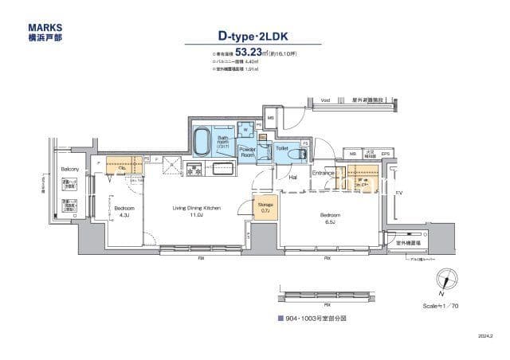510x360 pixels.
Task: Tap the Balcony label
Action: pyautogui.click(x=70, y=170)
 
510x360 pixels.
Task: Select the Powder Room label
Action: pyautogui.click(x=245, y=151)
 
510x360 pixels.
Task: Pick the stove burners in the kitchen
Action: pyautogui.click(x=193, y=168)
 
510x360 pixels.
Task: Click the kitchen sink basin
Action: pyautogui.click(x=221, y=168)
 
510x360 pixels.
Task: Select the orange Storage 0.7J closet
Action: pyautogui.click(x=265, y=206)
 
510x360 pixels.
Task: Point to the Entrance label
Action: pyautogui.click(x=323, y=173)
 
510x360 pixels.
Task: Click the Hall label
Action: pyautogui.click(x=293, y=178)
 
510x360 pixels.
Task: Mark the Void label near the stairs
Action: pyautogui.click(x=303, y=100)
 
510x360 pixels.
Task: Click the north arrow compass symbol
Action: pyautogui.click(x=452, y=279)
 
